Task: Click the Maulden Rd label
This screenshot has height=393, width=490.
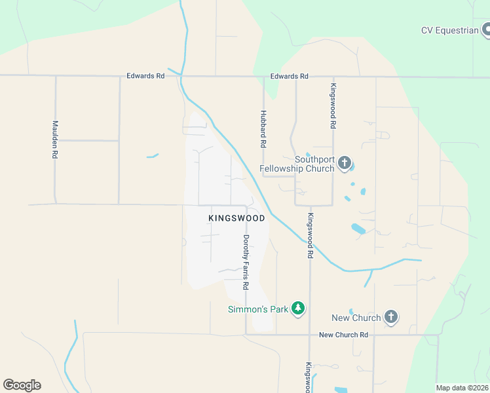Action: [x=56, y=140]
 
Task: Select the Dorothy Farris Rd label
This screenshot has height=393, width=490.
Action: [x=246, y=262]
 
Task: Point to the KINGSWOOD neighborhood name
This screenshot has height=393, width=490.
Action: [x=236, y=218]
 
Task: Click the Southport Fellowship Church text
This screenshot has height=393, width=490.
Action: [x=297, y=164]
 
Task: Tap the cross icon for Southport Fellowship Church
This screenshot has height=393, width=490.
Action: [x=345, y=163]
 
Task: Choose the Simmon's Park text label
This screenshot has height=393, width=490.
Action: [x=258, y=309]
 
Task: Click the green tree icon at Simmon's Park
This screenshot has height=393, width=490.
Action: [x=298, y=308]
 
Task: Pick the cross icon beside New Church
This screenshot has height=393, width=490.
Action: [x=391, y=318]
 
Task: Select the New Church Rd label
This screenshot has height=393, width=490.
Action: [x=343, y=335]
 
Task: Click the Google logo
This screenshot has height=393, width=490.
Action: [x=22, y=385]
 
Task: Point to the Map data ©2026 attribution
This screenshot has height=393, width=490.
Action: [x=462, y=388]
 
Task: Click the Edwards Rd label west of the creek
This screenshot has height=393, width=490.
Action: [x=145, y=76]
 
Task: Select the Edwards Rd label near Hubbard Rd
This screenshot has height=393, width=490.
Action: [x=289, y=77]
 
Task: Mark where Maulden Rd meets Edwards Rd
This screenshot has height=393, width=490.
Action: [x=56, y=76]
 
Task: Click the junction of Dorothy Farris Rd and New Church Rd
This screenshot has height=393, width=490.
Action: [x=246, y=335]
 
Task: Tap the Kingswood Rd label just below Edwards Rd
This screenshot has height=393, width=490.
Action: [x=333, y=105]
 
